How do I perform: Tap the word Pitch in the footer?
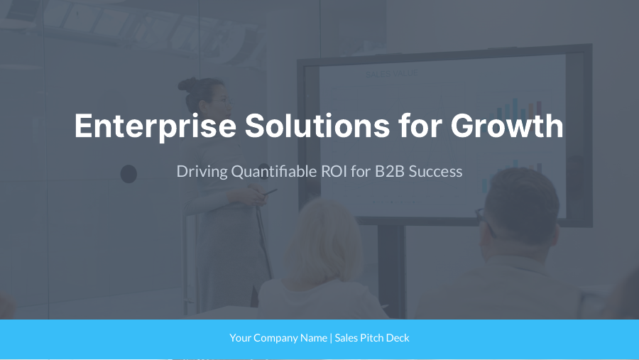[x=373, y=338]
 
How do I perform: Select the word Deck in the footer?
[x=399, y=338]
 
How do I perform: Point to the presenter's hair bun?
[x=186, y=85]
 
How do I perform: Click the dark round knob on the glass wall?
[x=129, y=173]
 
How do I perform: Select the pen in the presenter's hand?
[x=270, y=192]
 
